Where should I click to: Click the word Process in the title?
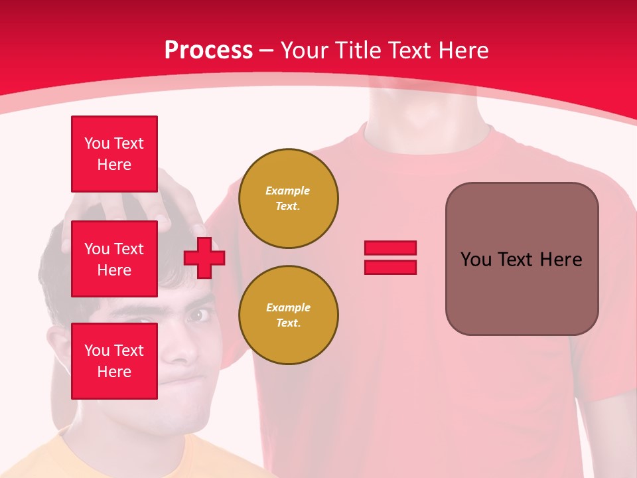coord(208,50)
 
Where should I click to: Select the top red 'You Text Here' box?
coord(114,154)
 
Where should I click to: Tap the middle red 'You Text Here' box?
coord(114,259)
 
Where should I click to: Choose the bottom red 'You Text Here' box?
coord(114,361)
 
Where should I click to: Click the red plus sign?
coord(204,258)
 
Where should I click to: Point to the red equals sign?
coord(390,258)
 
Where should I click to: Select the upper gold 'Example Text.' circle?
coord(288,199)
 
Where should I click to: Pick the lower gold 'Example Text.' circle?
coord(288,315)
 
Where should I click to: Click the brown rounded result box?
coord(522,259)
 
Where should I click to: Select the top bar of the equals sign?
coord(390,248)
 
